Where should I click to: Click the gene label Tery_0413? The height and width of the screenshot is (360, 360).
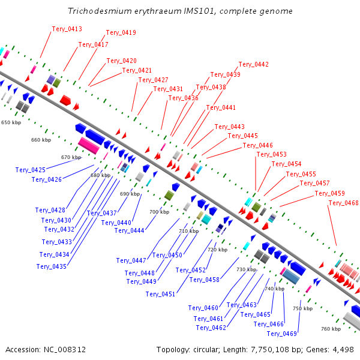pyautogui.click(x=67, y=29)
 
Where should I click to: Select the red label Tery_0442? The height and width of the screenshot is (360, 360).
pyautogui.click(x=253, y=65)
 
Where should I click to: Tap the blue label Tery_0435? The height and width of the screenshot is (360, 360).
pyautogui.click(x=52, y=266)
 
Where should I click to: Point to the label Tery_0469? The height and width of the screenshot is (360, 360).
pyautogui.click(x=282, y=334)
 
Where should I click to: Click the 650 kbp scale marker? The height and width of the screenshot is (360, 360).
pyautogui.click(x=11, y=122)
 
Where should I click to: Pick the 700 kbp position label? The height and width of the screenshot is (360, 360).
pyautogui.click(x=160, y=212)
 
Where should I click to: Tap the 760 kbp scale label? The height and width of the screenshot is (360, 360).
pyautogui.click(x=331, y=329)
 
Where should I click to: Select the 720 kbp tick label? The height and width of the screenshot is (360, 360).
pyautogui.click(x=217, y=250)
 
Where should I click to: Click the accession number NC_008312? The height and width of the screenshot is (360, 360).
pyautogui.click(x=65, y=350)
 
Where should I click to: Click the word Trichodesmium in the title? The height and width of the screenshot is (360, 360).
pyautogui.click(x=100, y=11)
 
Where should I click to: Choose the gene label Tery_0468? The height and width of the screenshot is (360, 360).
pyautogui.click(x=343, y=203)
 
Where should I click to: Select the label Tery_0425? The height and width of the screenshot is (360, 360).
pyautogui.click(x=31, y=170)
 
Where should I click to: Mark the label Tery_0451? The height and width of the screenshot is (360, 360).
pyautogui.click(x=160, y=295)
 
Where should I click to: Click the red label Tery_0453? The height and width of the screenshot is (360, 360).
pyautogui.click(x=272, y=155)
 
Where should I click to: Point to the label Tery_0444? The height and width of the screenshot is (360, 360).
pyautogui.click(x=129, y=231)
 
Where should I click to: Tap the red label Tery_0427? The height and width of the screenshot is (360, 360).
pyautogui.click(x=153, y=80)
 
